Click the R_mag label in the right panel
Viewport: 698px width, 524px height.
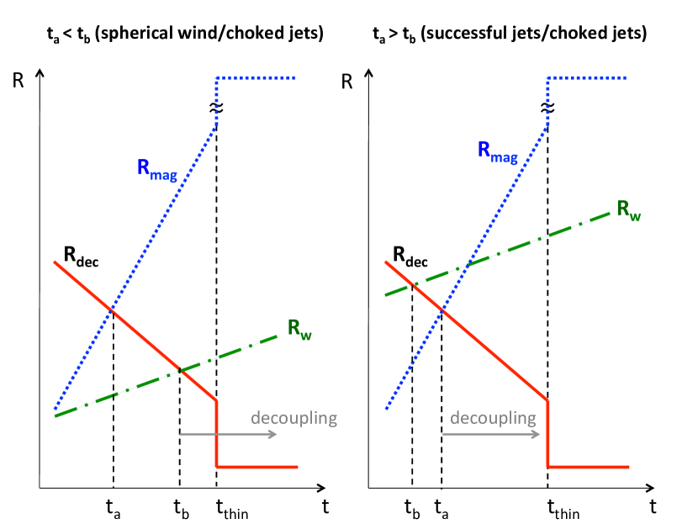497,151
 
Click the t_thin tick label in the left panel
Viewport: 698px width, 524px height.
231,508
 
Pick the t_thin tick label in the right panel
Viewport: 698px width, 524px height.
563,508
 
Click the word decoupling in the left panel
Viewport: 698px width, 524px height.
293,418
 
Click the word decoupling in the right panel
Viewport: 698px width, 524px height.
493,418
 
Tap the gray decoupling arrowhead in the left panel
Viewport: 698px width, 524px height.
274,434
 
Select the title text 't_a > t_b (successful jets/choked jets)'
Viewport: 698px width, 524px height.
510,35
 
